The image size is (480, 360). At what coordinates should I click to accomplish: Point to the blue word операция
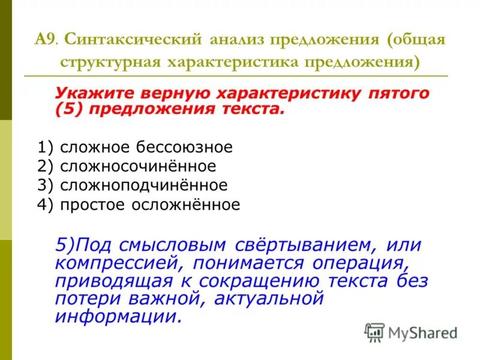pyautogui.click(x=361, y=263)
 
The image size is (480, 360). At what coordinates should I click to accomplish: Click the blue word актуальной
pyautogui.click(x=259, y=298)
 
